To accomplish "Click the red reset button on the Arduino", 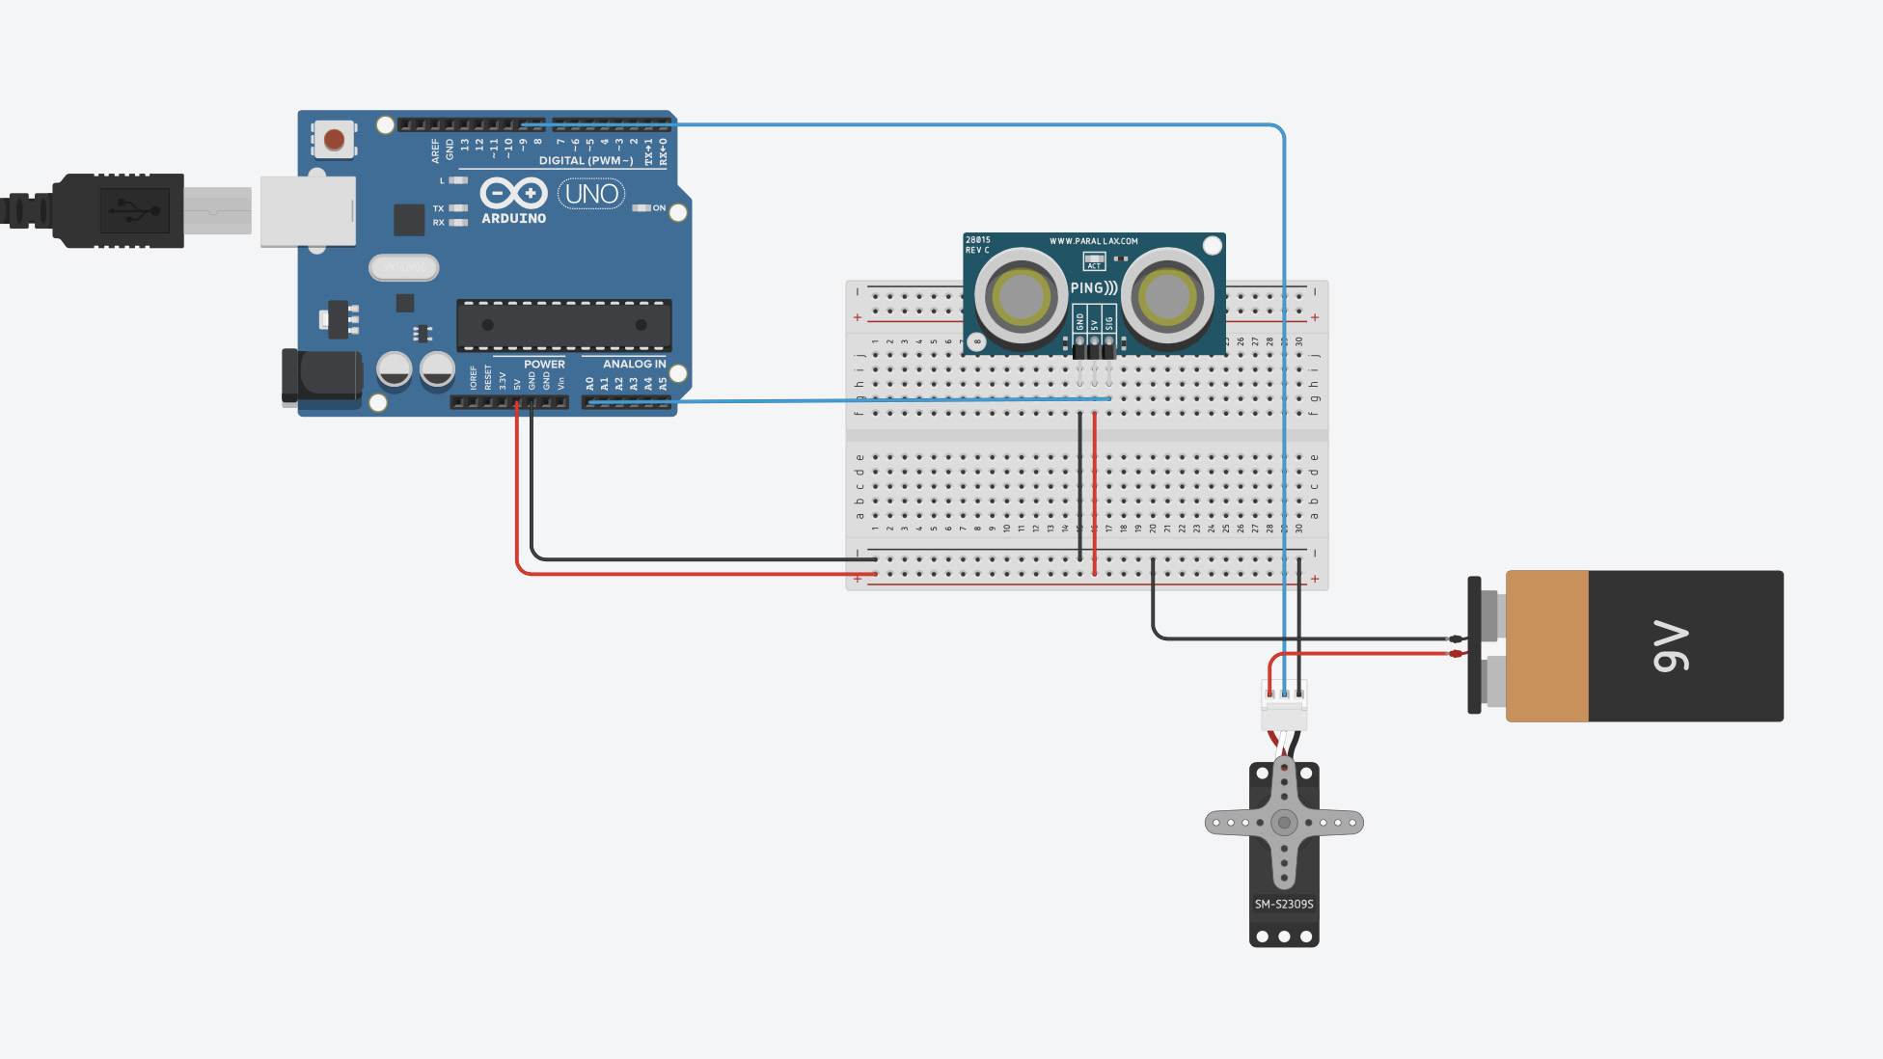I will [335, 140].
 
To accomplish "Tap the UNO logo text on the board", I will [591, 194].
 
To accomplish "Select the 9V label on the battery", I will [1671, 646].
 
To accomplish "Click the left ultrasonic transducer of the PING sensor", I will [1021, 297].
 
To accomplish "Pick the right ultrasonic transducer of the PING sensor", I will [1167, 297].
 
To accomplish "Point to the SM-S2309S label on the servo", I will [1284, 904].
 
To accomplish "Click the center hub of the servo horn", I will [1284, 823].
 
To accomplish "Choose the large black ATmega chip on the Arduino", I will [564, 325].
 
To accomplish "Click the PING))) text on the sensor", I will [1094, 287].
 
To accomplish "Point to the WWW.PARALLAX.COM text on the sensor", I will [1094, 241].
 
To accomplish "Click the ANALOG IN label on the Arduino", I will [634, 364].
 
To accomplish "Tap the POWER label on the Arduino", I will [544, 364].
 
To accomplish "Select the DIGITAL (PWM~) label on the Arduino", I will [586, 160].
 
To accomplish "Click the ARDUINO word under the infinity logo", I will [513, 219].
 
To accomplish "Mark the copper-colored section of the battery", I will [1547, 646].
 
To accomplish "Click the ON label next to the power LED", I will [659, 207].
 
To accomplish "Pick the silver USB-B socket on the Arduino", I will [308, 211].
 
